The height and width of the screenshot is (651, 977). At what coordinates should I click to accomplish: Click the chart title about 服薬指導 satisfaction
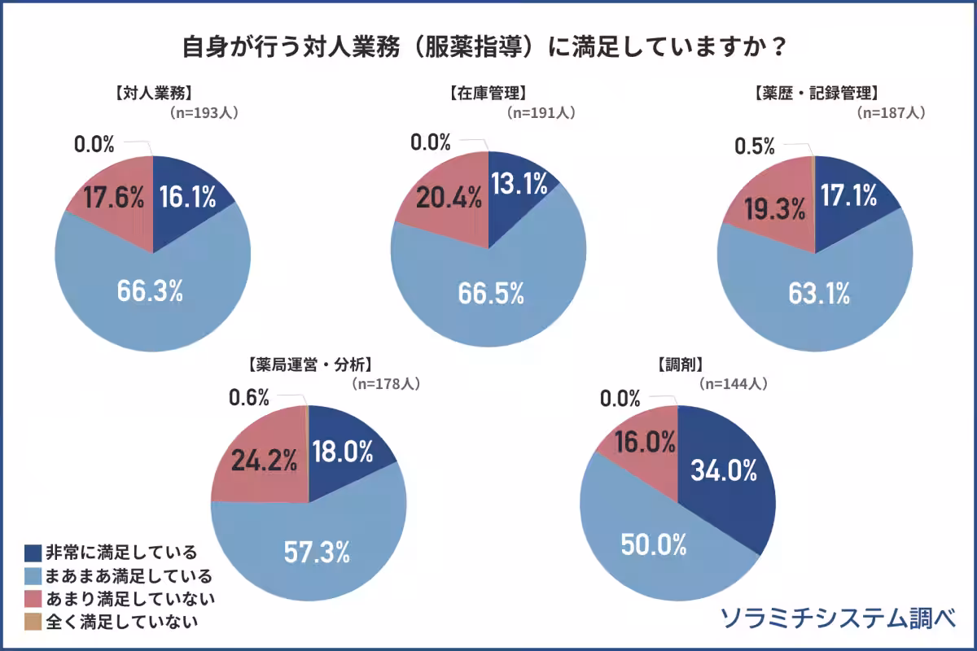[488, 46]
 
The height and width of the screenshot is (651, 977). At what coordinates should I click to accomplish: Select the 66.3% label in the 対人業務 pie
[149, 292]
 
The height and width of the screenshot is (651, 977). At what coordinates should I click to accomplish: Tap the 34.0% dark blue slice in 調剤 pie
[724, 470]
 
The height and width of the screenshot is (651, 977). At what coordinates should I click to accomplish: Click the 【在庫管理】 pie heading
[488, 92]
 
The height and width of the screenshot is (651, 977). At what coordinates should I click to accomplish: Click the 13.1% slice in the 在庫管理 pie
[518, 186]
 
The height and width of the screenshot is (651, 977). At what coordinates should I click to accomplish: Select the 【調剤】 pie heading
[680, 364]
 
